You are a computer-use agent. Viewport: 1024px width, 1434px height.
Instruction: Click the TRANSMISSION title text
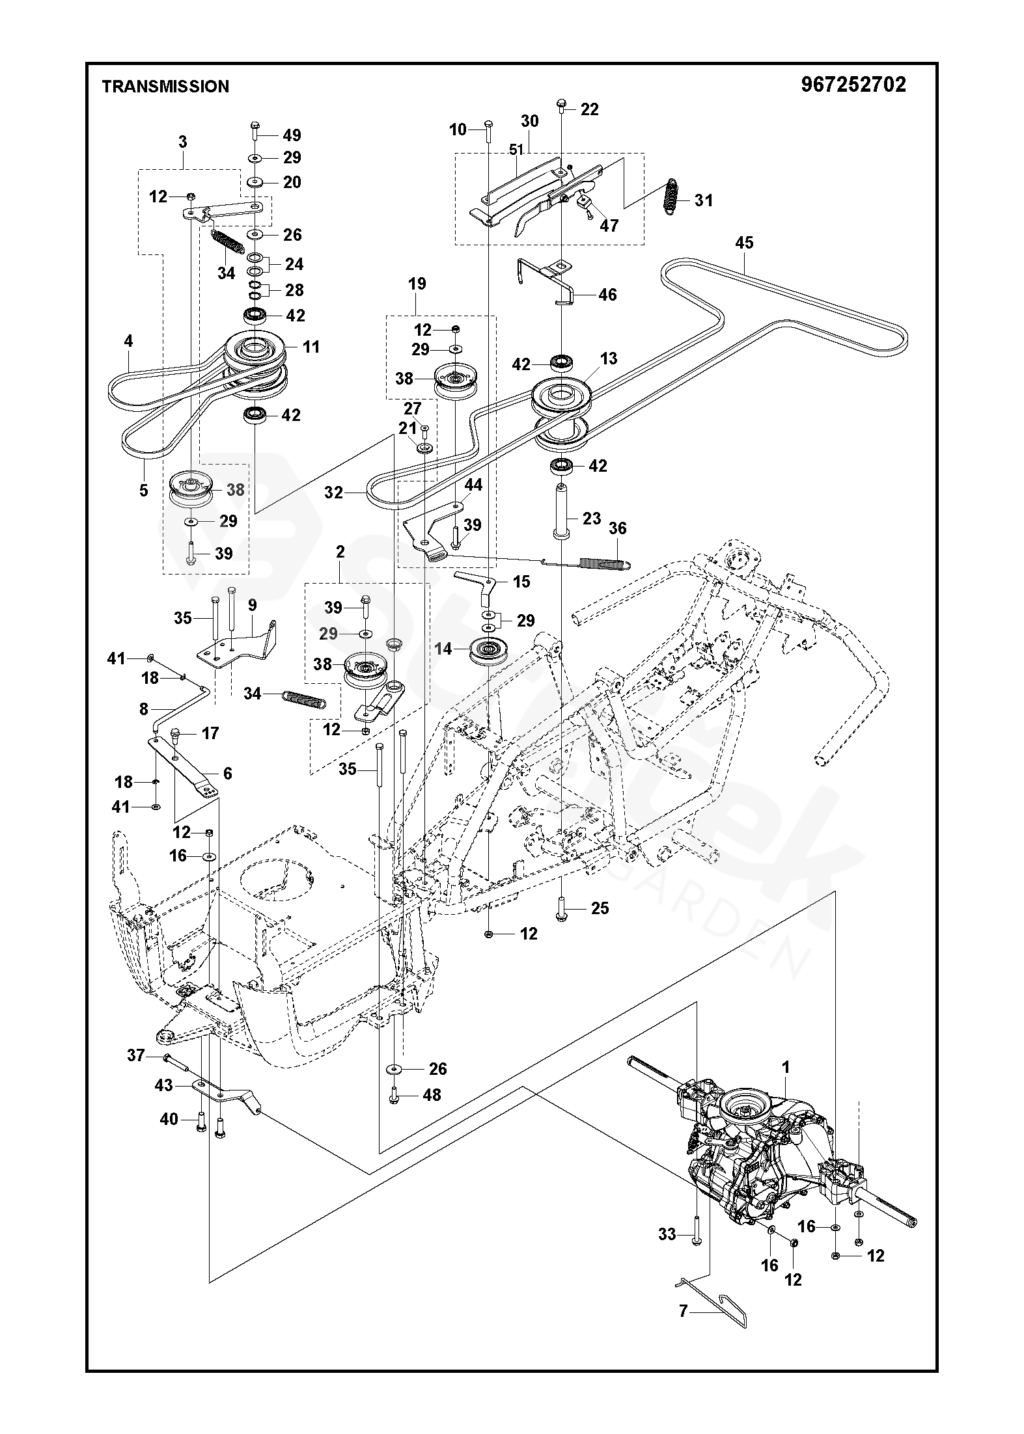click(165, 87)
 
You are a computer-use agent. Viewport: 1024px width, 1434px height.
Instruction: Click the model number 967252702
click(853, 85)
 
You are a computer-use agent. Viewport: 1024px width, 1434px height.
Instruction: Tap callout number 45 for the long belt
click(743, 243)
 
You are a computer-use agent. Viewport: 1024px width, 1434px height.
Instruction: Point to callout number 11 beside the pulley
click(311, 347)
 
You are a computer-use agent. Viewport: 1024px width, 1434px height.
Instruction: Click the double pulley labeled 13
click(561, 413)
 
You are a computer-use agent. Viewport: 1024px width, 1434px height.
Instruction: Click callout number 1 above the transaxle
click(786, 1067)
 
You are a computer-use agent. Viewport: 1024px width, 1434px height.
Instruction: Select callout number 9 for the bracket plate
click(253, 605)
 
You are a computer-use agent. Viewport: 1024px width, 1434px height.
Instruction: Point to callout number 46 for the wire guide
click(607, 295)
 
